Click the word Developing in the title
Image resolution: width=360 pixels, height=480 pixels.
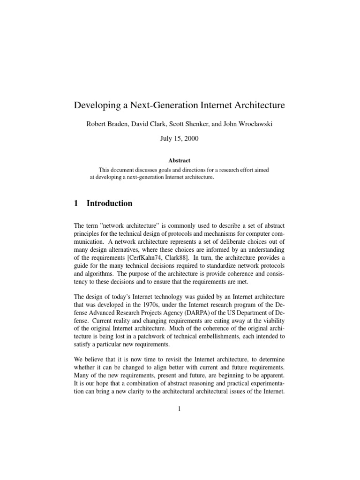pos(96,105)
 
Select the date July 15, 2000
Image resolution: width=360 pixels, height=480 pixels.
pos(180,140)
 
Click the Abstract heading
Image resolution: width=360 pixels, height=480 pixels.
pos(180,160)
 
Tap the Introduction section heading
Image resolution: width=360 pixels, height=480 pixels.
pos(109,203)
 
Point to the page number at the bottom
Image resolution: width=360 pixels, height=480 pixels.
pos(180,409)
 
